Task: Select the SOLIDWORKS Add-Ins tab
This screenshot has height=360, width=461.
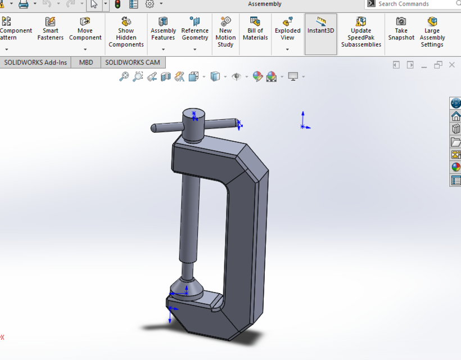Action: click(35, 62)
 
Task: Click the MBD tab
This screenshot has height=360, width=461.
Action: click(86, 62)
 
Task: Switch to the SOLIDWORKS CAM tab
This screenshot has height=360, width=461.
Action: click(132, 62)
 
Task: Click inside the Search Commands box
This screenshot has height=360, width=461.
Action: click(413, 4)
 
